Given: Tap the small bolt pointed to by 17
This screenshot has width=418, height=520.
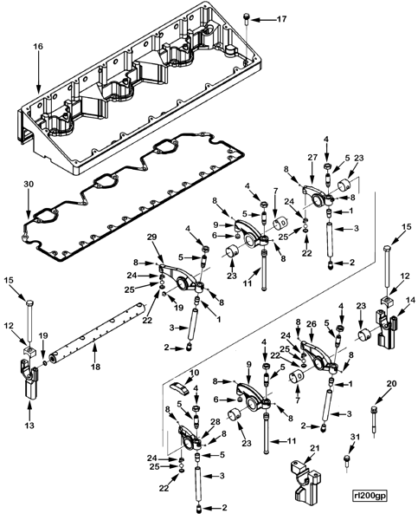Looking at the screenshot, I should click(x=249, y=18).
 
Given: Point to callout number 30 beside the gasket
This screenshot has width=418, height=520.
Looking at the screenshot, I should click(x=29, y=184).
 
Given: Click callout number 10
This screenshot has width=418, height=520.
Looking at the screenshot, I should click(x=194, y=372).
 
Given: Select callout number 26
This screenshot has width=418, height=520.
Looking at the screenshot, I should click(x=314, y=323).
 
